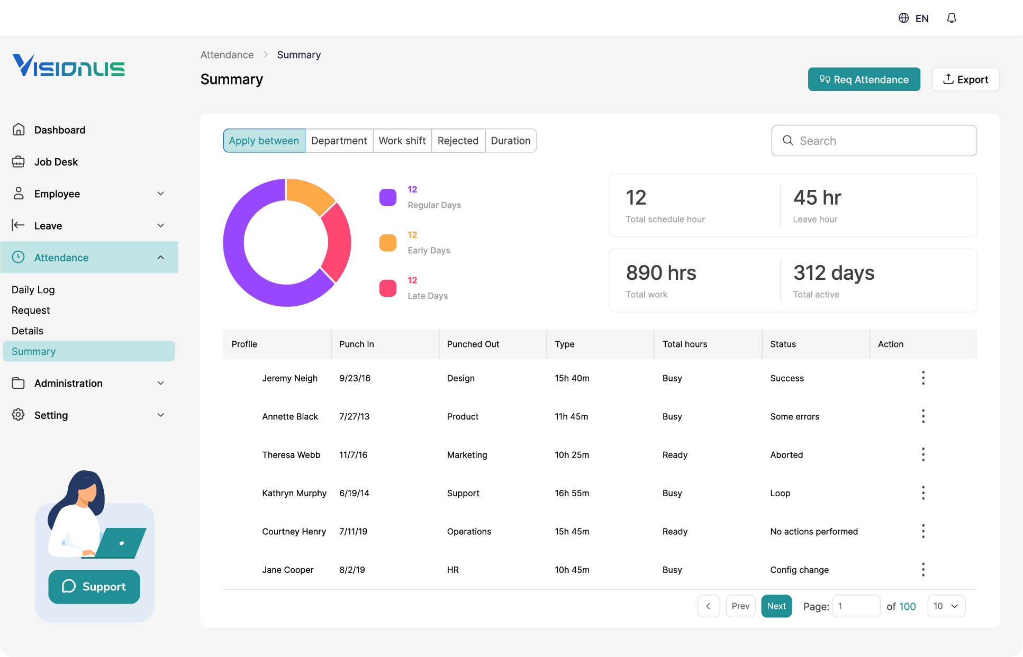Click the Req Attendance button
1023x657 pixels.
tap(863, 79)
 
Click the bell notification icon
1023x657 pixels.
tap(951, 19)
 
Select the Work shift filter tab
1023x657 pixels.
tap(402, 141)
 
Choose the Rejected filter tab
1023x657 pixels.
tap(458, 141)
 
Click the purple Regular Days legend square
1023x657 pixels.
tap(387, 197)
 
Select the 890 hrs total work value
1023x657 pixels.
tap(660, 273)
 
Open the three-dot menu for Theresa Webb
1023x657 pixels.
tap(922, 455)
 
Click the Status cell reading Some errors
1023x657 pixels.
tap(794, 417)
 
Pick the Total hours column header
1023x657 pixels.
tap(684, 344)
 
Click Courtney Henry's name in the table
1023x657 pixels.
tap(294, 532)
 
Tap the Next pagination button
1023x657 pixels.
tap(776, 606)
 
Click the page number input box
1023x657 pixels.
tap(855, 606)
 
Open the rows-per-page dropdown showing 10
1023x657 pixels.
tap(946, 606)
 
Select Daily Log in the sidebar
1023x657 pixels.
tap(33, 290)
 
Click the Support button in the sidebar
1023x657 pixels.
tap(94, 587)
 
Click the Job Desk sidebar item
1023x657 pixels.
tap(56, 162)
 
